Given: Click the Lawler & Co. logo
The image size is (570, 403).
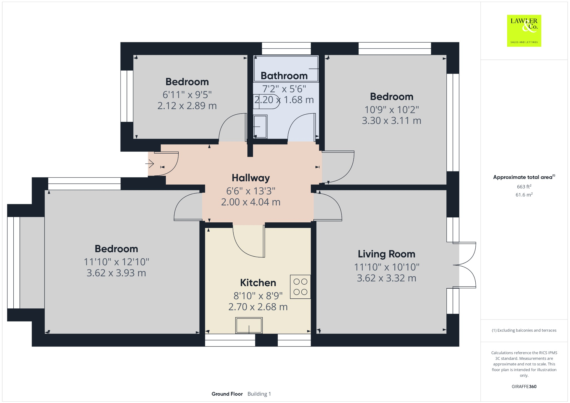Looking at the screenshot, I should pos(524,31).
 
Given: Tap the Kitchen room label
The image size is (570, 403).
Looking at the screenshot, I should pos(258,283).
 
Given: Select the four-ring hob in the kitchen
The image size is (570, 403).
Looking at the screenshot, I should pos(300,287).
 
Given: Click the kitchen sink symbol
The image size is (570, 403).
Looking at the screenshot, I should pos(249,325).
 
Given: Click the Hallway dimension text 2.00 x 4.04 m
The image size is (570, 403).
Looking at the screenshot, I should pos(250,202).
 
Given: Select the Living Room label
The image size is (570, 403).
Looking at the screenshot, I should pos(386,254).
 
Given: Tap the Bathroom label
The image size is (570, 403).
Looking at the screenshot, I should pos(284,76).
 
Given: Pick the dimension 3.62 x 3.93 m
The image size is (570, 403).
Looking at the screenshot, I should pos(116,273).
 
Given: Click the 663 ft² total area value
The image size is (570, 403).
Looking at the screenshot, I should pos(524,186).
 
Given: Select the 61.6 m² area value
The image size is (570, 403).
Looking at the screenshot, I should pos(524,195).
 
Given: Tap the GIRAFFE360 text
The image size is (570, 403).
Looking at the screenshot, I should pos(524,386).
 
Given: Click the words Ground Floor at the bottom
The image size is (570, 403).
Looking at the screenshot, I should pos(227,394).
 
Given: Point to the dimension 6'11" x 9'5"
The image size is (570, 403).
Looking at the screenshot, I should pos(187,95).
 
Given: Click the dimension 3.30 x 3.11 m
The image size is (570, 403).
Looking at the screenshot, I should pos(391,121).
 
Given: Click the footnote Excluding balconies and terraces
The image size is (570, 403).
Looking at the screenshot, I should pos(524,330).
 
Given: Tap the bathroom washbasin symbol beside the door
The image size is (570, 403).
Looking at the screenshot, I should pos(260,127).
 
